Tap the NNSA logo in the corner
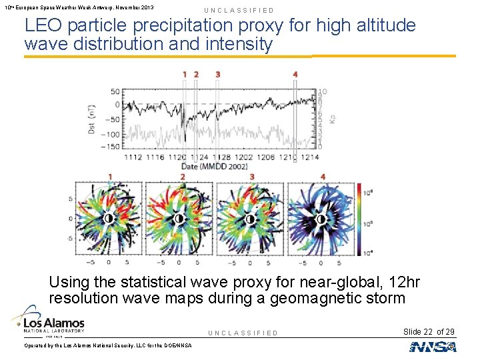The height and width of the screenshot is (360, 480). [x=433, y=346]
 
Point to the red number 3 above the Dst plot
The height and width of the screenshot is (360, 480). [x=217, y=74]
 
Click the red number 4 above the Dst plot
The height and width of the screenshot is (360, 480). [x=295, y=74]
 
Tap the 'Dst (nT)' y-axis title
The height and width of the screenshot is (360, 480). [x=92, y=119]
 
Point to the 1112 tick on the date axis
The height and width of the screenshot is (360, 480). [x=132, y=157]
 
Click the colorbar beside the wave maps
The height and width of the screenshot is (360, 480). [x=359, y=219]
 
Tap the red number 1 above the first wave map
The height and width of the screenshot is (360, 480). [x=110, y=177]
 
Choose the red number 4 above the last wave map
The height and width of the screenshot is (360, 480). [x=323, y=177]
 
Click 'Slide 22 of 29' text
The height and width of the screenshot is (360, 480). [x=429, y=331]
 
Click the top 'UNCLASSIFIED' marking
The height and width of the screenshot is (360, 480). [x=239, y=11]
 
